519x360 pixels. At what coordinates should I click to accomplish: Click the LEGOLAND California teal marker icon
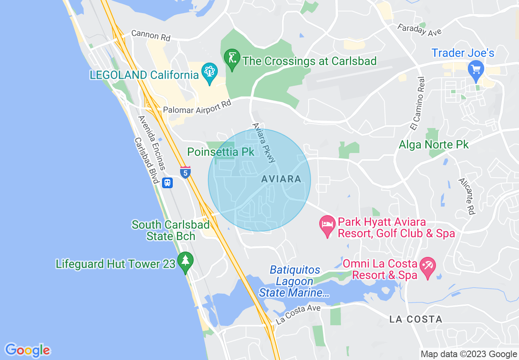click(x=210, y=73)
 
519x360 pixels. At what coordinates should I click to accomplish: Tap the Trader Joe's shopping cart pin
click(x=476, y=69)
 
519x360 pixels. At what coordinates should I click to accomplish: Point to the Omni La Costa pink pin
click(x=428, y=268)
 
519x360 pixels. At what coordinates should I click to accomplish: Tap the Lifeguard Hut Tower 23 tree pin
click(x=185, y=261)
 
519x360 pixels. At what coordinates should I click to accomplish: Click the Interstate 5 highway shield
click(x=185, y=172)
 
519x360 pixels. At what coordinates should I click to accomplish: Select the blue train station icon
click(x=167, y=182)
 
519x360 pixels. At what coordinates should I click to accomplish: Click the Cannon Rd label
click(x=151, y=36)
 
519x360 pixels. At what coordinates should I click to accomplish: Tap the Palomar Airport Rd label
click(x=197, y=107)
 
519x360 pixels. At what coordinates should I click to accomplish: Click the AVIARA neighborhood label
click(x=281, y=179)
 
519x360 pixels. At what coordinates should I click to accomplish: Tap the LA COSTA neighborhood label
click(x=416, y=319)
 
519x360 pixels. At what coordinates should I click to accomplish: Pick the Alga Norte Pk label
click(x=434, y=144)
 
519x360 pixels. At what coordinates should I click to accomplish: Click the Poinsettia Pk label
click(x=221, y=152)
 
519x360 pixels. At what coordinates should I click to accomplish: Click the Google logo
click(x=28, y=350)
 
